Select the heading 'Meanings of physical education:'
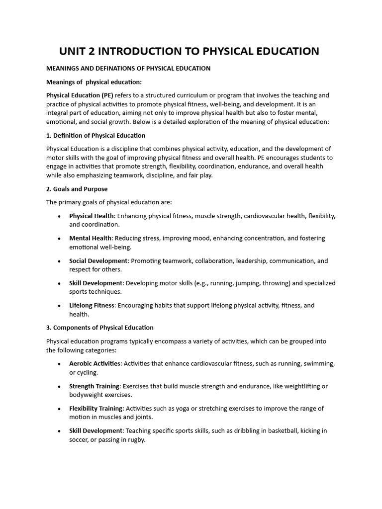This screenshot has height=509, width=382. point(94,82)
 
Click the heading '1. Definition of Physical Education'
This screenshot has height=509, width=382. point(95,135)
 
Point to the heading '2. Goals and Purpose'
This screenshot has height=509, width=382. point(77,189)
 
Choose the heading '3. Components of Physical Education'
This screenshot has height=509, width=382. point(99,328)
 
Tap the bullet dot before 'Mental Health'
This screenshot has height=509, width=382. point(60,239)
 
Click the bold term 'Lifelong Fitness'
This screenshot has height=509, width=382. point(92,305)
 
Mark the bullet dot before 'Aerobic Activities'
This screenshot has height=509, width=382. point(60,364)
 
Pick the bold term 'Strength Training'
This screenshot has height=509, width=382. point(95,386)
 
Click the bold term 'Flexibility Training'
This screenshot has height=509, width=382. point(96,408)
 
